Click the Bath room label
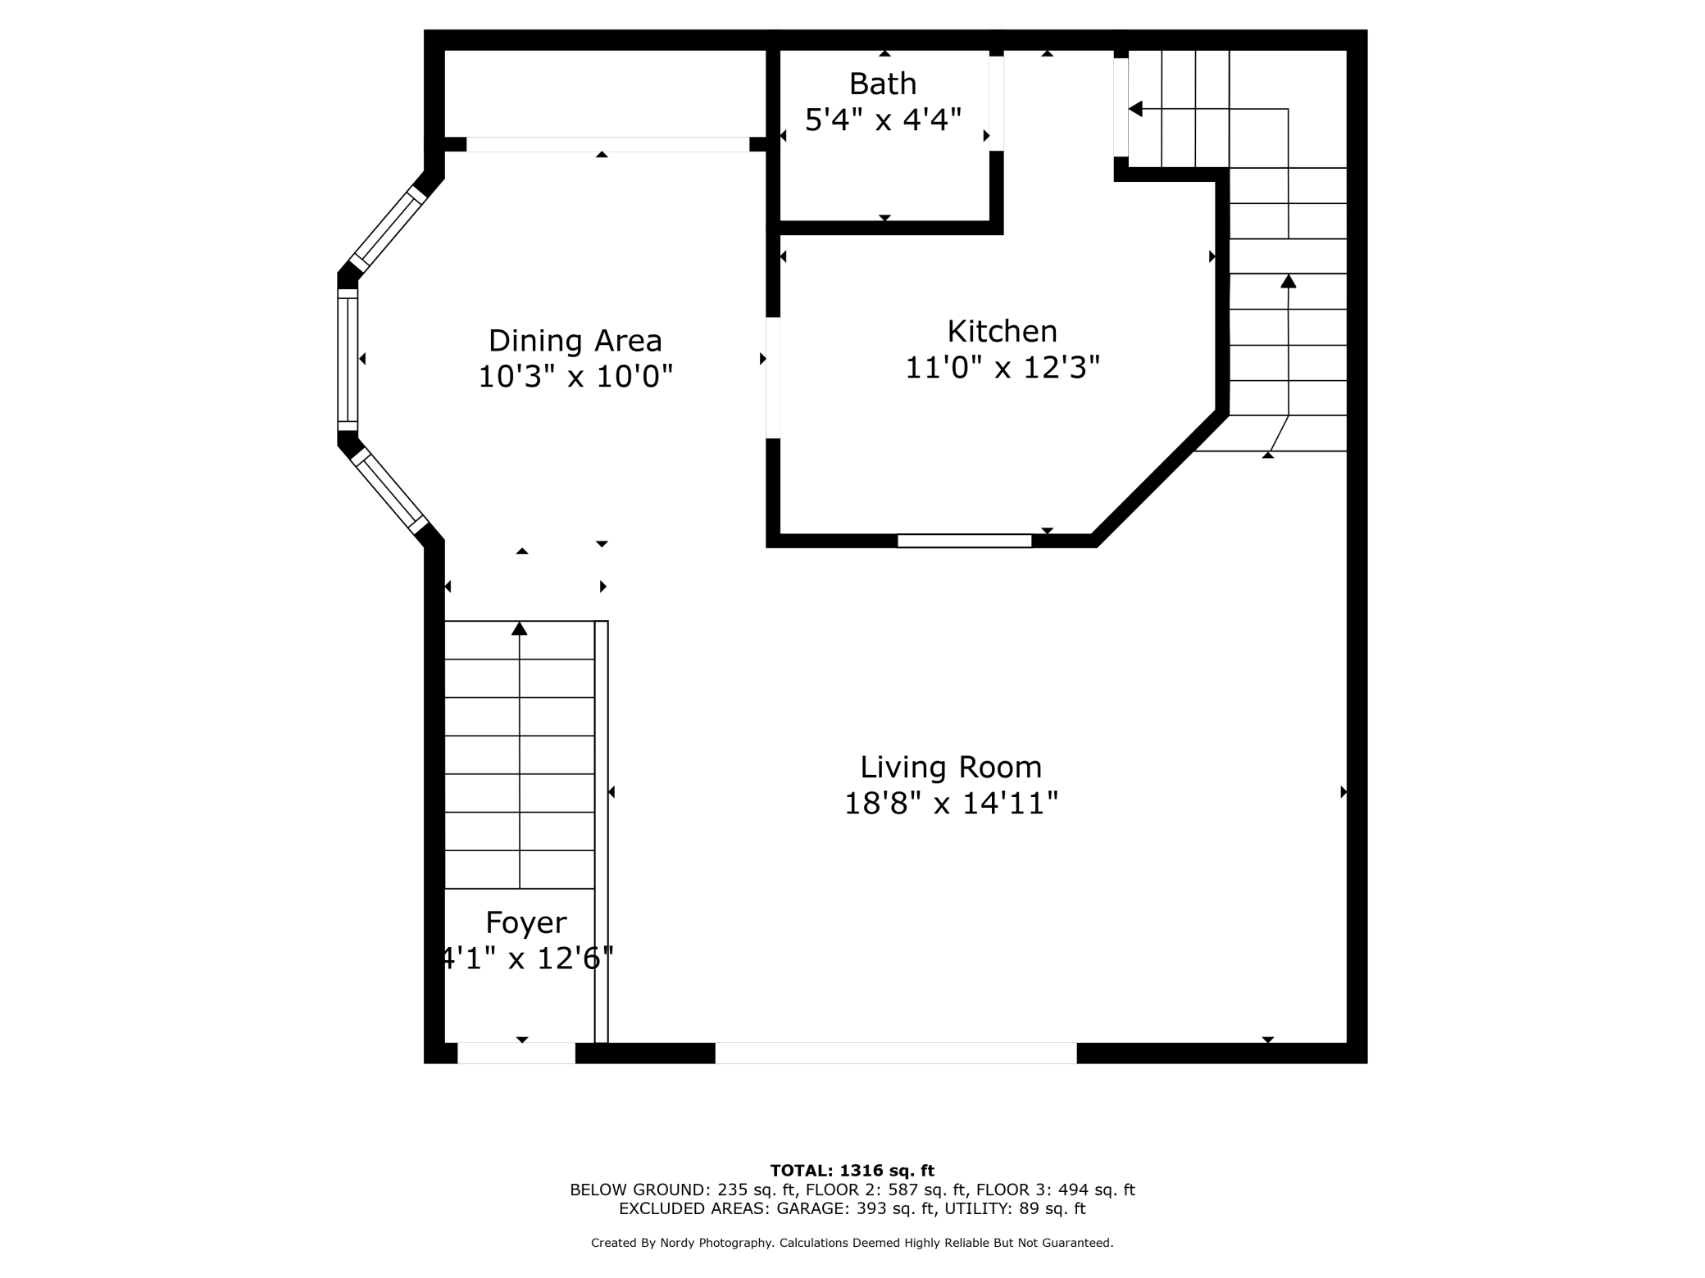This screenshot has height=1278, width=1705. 883,84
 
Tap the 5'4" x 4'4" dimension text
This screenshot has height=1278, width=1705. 883,120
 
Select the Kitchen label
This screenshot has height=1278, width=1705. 1002,331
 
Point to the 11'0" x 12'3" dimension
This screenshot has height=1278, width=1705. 1002,367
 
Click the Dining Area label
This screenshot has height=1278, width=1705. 575,340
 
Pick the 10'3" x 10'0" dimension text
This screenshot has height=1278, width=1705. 575,376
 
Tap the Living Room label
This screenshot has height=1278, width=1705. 951,767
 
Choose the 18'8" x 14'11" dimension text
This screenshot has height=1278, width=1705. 951,803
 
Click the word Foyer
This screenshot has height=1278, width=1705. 526,922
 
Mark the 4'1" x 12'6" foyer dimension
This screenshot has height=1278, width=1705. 526,958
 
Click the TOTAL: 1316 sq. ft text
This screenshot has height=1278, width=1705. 852,1171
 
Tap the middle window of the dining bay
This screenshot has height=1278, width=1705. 348,360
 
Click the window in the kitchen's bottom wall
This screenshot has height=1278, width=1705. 964,541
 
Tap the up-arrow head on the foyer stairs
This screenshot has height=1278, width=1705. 519,628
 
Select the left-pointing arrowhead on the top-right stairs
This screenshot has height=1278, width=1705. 1135,109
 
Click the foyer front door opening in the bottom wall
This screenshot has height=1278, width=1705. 516,1053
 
